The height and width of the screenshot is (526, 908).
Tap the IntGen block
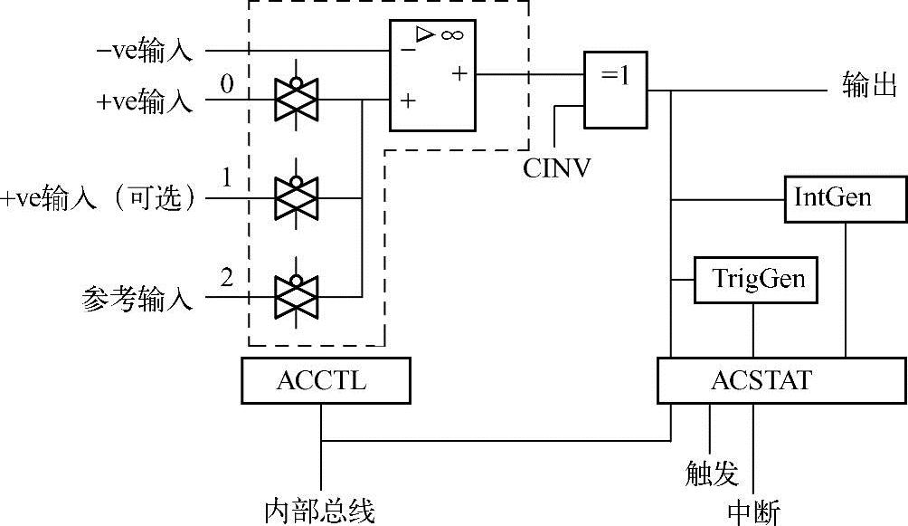pos(845,197)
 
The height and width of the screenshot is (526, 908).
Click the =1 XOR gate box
pos(616,87)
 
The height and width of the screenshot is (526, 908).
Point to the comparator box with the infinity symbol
pos(432,76)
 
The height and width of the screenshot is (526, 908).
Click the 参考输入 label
pos(137,300)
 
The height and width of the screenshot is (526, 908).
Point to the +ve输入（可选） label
pos(99,199)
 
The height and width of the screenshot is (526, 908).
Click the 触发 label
pos(711,473)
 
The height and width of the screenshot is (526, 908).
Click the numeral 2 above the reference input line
pos(227,277)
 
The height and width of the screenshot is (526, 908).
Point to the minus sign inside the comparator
pos(409,50)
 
